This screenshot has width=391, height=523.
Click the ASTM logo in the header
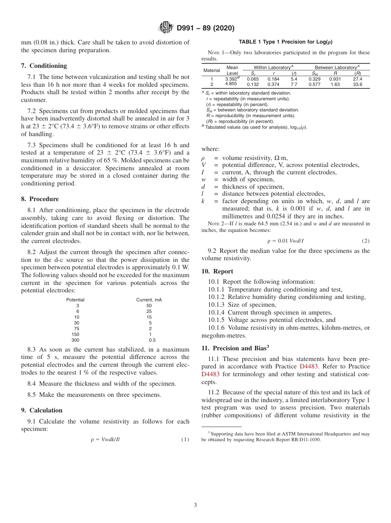(x=166, y=28)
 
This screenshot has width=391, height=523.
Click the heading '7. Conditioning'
(x=44, y=66)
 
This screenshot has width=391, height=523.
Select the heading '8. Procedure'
(x=40, y=199)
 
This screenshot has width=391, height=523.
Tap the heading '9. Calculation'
(x=42, y=410)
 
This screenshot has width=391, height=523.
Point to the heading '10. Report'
(x=217, y=271)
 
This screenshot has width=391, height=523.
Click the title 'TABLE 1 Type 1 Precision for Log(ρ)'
(x=286, y=42)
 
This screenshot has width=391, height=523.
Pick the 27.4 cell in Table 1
(x=357, y=79)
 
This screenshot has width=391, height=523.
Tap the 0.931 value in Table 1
(x=336, y=79)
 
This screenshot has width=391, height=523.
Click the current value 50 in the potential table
(x=149, y=305)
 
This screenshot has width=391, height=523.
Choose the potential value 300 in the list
(x=75, y=340)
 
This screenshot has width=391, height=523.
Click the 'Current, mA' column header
(x=149, y=300)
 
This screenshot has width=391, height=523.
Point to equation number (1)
(x=185, y=439)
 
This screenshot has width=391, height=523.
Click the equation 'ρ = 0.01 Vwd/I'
(x=285, y=241)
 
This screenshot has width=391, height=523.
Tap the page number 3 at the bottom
(x=195, y=505)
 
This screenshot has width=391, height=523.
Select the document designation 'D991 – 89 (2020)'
(x=205, y=28)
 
